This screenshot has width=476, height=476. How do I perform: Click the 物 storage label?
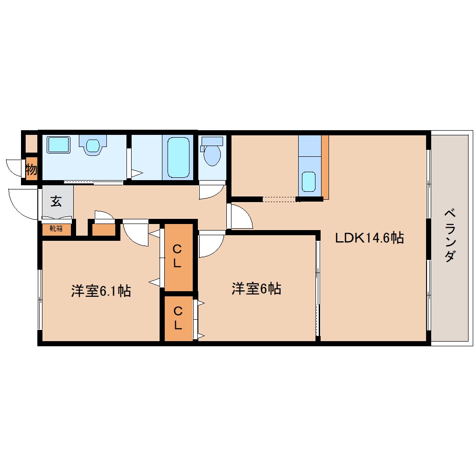(31, 169)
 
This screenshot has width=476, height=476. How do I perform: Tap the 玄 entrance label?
(56, 202)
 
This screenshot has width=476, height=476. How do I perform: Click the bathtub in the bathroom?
(178, 157)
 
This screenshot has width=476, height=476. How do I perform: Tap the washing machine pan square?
(58, 145)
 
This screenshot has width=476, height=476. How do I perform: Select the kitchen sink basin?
(308, 181)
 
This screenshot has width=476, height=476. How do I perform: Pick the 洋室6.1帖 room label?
(100, 291)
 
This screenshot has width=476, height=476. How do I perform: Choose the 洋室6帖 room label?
(256, 289)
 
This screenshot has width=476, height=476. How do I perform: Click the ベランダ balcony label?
(449, 236)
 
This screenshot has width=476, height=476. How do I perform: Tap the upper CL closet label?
(177, 256)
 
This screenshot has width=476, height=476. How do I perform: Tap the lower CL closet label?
(177, 318)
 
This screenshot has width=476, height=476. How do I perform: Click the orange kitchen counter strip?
(325, 166)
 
